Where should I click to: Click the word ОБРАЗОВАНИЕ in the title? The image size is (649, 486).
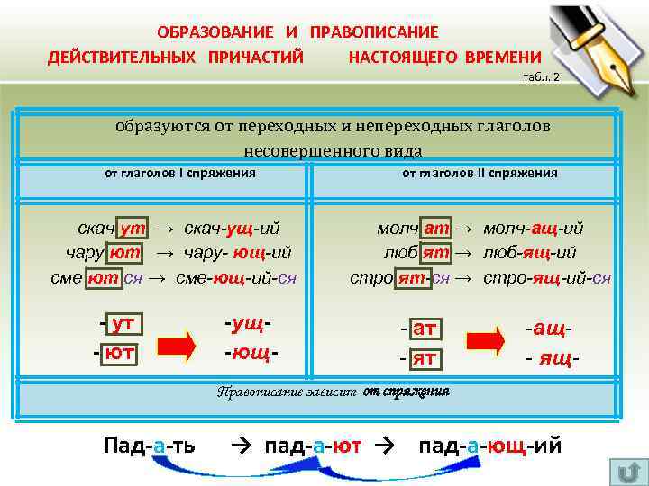pos(214,32)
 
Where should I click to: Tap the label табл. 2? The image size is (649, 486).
pos(541,77)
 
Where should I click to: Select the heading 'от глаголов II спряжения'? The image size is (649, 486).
pos(480,173)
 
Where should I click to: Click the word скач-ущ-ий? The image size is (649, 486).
pos(232,229)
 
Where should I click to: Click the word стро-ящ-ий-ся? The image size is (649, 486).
pos(547,277)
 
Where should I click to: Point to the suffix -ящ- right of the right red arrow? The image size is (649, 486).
pos(552,359)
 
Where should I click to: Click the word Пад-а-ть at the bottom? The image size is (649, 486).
pos(151,445)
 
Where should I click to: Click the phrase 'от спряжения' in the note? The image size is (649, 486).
pos(407,391)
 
